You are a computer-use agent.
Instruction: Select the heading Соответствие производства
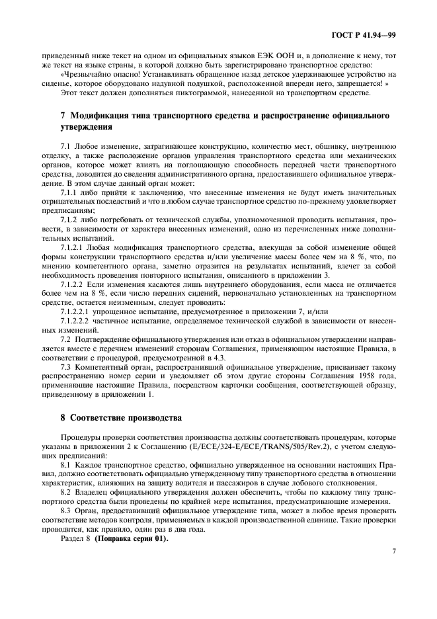(123, 419)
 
